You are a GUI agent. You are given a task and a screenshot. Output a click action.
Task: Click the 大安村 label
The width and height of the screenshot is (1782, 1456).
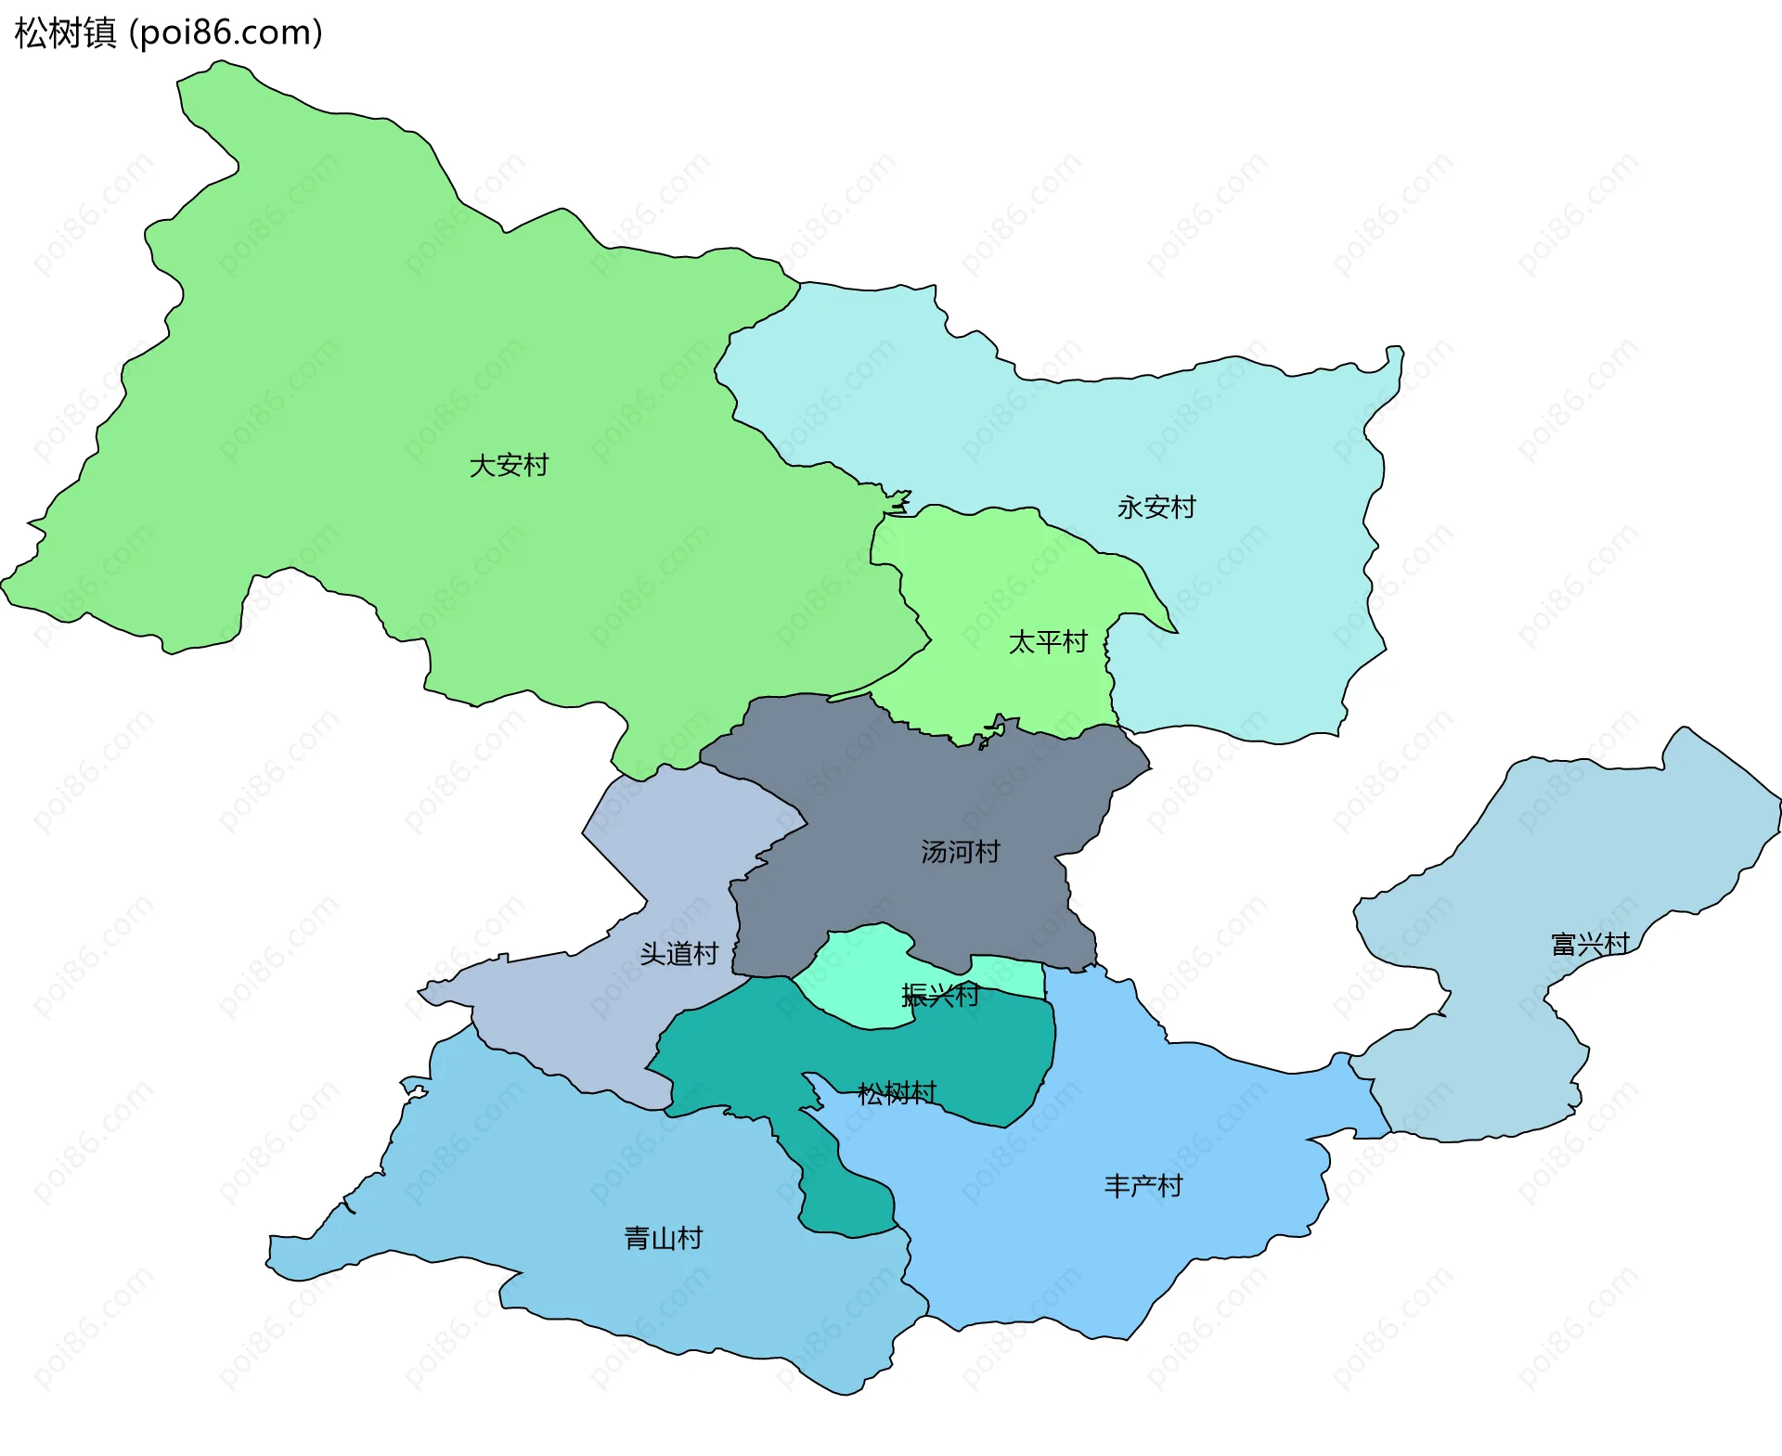(x=509, y=465)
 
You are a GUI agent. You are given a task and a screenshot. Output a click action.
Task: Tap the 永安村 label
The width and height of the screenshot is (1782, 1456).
(x=1156, y=508)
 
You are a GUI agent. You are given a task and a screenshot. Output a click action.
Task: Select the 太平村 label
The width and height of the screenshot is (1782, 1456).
(x=1048, y=642)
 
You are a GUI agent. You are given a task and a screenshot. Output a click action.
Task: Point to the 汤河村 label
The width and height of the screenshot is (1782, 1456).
(x=961, y=852)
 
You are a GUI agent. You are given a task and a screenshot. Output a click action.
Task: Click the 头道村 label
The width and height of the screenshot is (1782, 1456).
(x=679, y=954)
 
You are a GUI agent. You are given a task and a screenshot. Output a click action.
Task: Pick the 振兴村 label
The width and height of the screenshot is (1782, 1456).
(x=940, y=996)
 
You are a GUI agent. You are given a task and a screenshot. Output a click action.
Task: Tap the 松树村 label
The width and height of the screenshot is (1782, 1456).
(x=897, y=1093)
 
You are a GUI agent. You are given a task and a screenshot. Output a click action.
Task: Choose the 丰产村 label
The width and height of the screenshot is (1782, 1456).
(x=1143, y=1186)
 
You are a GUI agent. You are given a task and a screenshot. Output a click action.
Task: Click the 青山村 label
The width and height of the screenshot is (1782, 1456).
(x=664, y=1238)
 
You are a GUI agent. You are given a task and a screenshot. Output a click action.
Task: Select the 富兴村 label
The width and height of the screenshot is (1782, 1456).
(x=1590, y=945)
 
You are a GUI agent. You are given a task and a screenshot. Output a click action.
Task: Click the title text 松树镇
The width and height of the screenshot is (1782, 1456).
(x=65, y=33)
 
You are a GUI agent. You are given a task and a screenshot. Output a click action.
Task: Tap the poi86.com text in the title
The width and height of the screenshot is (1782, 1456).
(x=226, y=33)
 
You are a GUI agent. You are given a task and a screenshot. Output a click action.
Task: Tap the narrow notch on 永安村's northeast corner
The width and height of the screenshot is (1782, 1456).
(x=1394, y=357)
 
